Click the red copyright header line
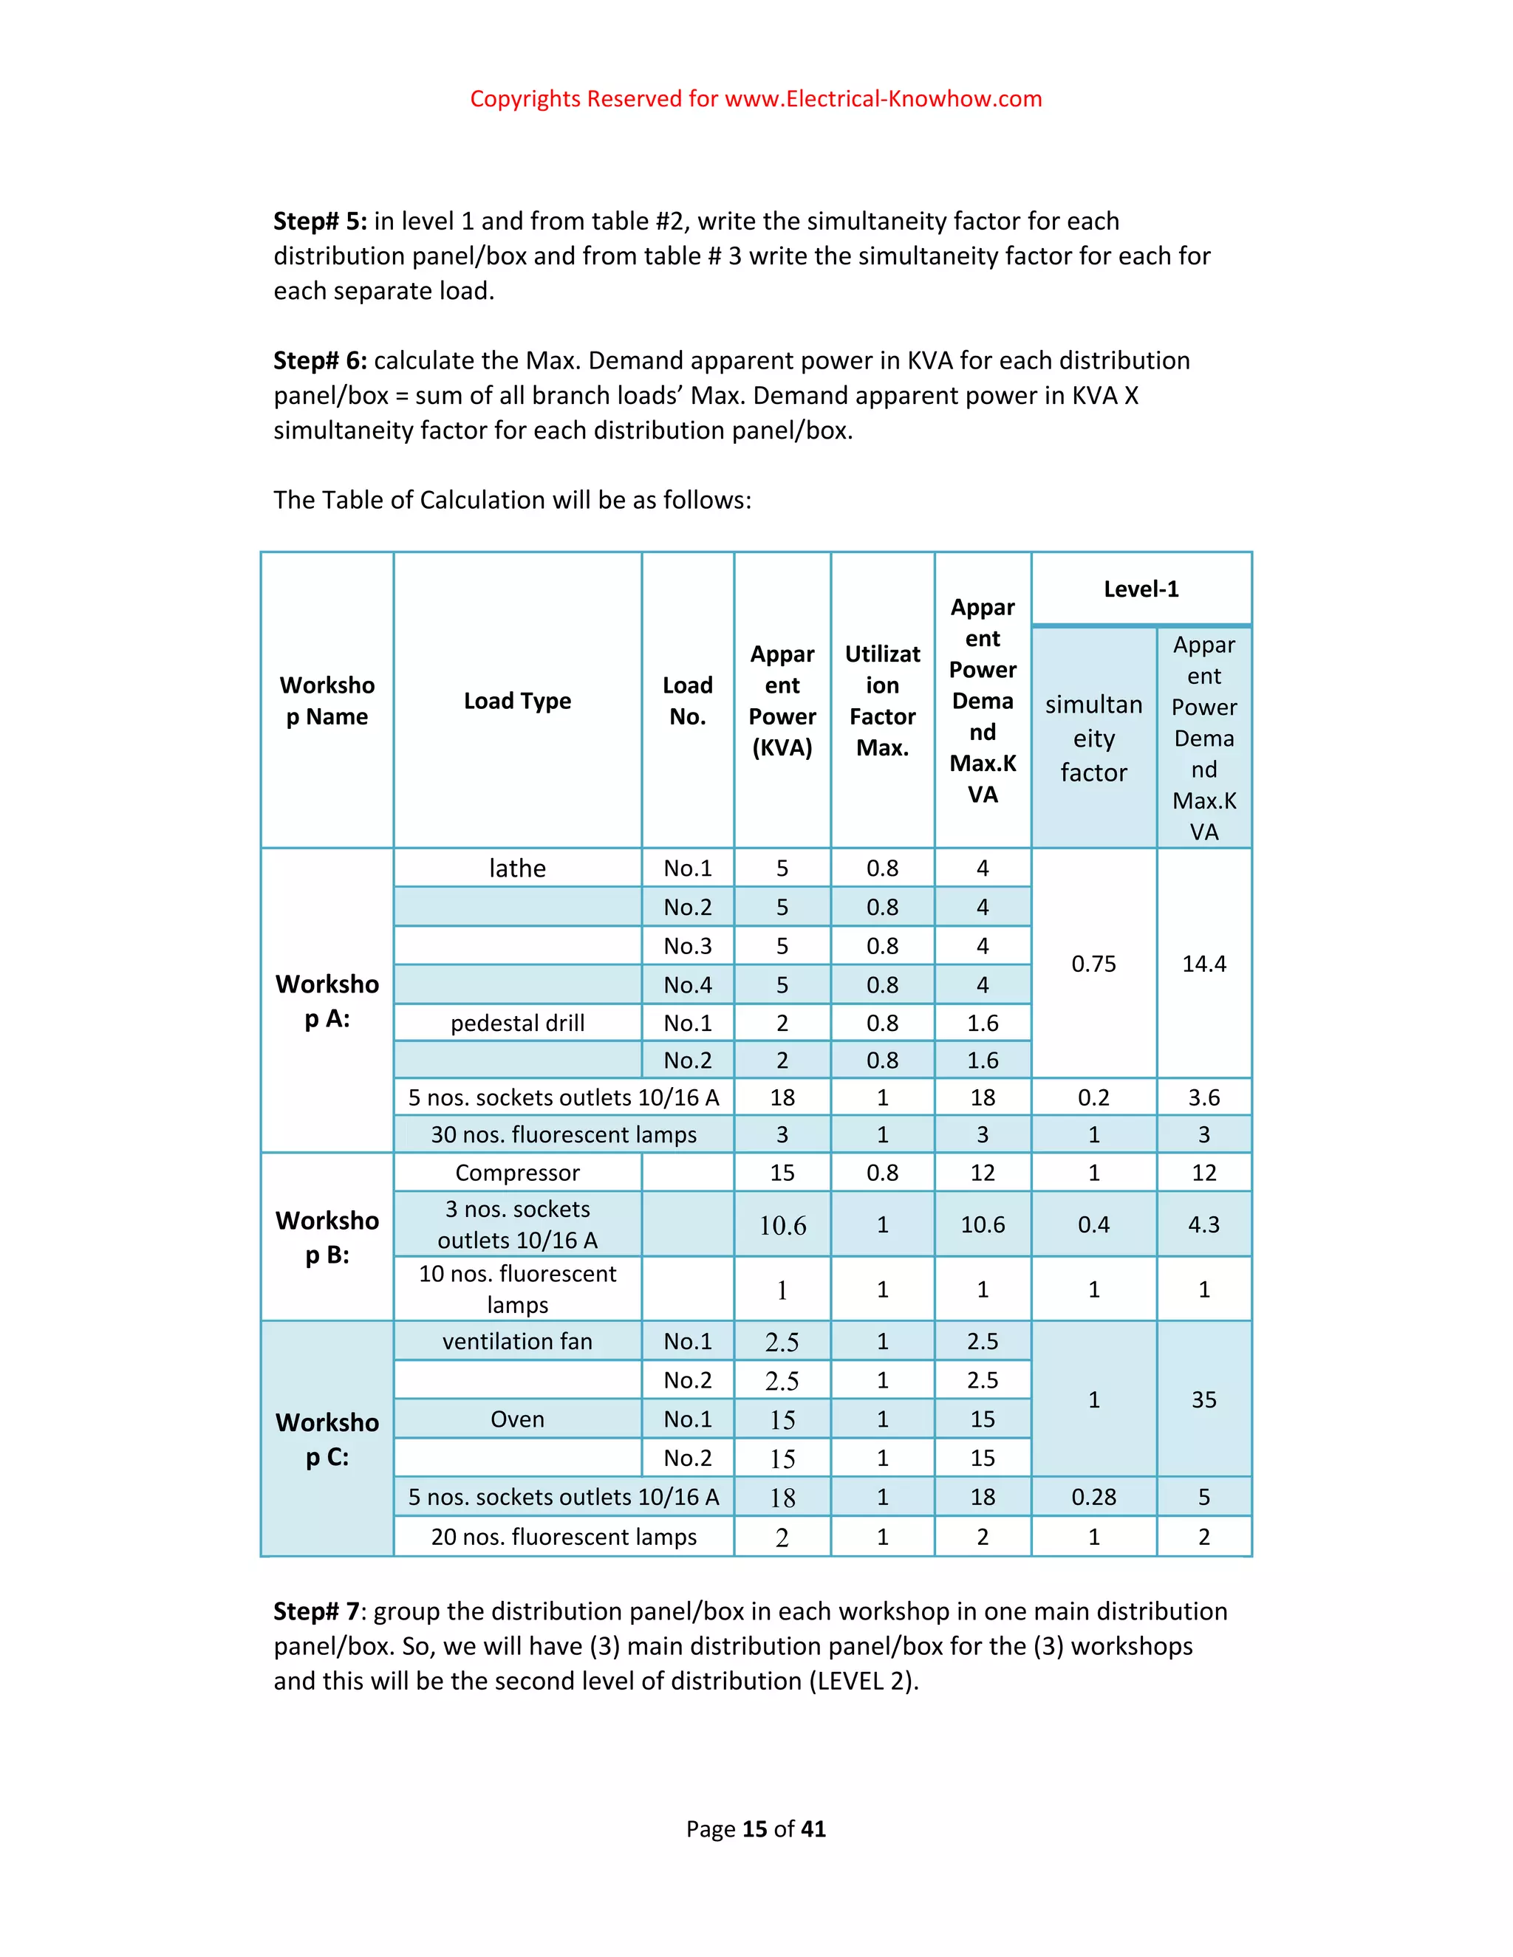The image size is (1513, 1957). [756, 98]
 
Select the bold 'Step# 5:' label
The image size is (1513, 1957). [320, 222]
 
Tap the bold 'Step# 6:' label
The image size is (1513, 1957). [320, 361]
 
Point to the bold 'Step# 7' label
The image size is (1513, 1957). [315, 1611]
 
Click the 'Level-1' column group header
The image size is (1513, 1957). [1140, 589]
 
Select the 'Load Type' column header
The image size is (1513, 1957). [517, 701]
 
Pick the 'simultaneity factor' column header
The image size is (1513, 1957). [1093, 738]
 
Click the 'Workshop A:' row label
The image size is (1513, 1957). [327, 1001]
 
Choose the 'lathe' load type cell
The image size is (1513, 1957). [517, 868]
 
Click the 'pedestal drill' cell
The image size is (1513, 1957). [517, 1024]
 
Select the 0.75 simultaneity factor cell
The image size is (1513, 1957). [1093, 964]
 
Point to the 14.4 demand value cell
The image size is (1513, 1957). [1203, 964]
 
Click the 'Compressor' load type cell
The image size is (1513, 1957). [517, 1173]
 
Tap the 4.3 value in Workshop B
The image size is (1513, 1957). [1203, 1225]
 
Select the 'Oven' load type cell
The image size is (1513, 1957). [517, 1419]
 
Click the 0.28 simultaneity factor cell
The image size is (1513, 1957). [1093, 1498]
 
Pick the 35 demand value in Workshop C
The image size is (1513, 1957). [1203, 1399]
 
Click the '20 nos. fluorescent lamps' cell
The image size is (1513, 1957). [563, 1537]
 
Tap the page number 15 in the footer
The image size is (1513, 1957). [755, 1829]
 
